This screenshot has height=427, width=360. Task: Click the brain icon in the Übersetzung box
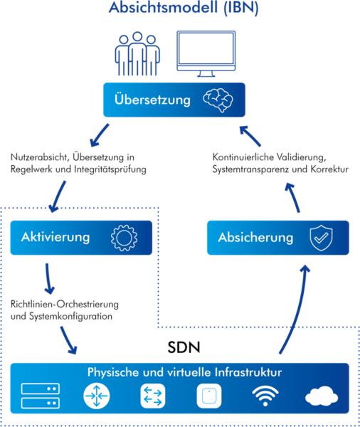pos(218,100)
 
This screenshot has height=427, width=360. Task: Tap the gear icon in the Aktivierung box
pos(124,238)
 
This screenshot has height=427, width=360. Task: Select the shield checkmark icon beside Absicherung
pos(321,238)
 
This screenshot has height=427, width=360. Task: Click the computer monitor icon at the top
pos(206,53)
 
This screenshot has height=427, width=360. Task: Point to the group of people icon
pos(137,53)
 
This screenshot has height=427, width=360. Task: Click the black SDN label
pos(184,347)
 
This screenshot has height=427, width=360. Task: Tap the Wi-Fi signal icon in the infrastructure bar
pos(265,396)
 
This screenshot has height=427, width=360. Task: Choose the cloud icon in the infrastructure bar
pos(322,396)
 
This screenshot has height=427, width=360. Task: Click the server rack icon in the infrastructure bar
pos(41,396)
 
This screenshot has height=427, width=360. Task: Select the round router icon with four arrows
pos(96,396)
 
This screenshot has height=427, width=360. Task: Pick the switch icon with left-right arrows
pos(153,396)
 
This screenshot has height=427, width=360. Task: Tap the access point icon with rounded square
pos(209,396)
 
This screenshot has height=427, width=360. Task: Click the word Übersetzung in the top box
pos(152,100)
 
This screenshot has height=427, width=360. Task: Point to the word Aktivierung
pos(55,237)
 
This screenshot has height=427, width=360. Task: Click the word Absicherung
pos(255,238)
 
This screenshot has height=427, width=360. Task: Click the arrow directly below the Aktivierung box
pos(48,278)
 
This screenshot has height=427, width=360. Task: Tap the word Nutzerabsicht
pos(38,157)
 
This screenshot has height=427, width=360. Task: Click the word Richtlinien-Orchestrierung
pos(65,304)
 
